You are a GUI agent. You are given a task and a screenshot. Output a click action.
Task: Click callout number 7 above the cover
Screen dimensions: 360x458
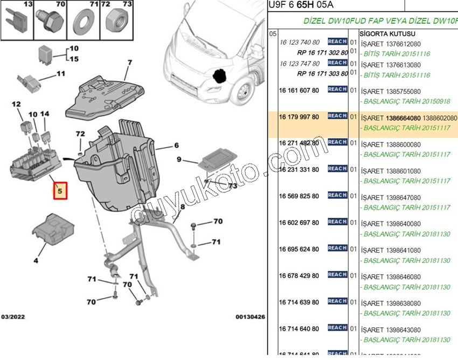(x=129, y=63)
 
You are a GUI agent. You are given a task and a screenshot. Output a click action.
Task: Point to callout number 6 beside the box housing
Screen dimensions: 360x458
(x=176, y=146)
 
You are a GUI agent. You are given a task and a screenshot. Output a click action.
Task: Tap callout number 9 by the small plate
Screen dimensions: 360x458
(x=180, y=160)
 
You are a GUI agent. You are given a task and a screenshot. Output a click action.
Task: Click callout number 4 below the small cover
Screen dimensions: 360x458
(x=36, y=261)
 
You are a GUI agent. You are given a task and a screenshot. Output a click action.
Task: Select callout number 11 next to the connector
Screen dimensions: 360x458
(x=60, y=73)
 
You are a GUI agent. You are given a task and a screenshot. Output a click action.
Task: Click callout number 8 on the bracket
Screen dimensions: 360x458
(x=183, y=206)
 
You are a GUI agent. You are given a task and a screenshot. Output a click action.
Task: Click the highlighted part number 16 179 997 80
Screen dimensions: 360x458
(x=299, y=117)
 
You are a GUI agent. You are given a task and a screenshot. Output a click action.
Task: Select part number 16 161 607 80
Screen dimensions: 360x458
(x=299, y=91)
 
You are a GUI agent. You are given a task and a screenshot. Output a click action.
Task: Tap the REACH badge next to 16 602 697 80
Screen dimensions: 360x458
(x=337, y=221)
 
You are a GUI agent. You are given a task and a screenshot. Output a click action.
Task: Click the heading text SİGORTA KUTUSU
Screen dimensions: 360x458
(x=383, y=33)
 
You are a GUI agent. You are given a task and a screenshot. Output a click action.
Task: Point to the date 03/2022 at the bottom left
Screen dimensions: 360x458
(x=13, y=317)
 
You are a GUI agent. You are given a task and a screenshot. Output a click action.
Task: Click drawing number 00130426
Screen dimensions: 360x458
(x=250, y=317)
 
